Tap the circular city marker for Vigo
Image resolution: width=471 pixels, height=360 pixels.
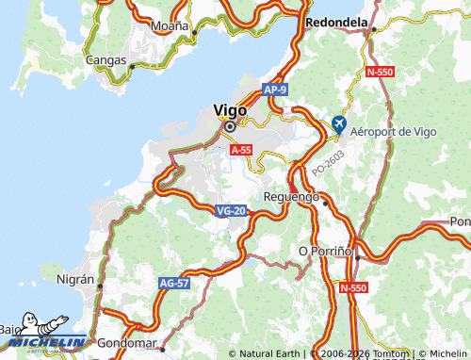coord(229,125)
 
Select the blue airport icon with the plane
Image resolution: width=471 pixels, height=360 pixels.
coord(338,124)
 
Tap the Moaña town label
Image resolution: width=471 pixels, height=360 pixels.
coord(170,25)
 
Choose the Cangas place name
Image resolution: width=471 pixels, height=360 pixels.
coord(106,60)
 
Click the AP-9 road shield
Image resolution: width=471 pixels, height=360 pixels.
coord(274,90)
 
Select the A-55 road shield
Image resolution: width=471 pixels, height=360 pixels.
coord(241,149)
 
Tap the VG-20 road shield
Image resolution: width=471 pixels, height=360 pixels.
coord(231,211)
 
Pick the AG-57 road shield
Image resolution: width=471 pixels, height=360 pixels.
coord(175,282)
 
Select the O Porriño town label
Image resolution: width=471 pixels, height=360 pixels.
coord(324,251)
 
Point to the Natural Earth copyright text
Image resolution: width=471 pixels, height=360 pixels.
coord(270,354)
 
